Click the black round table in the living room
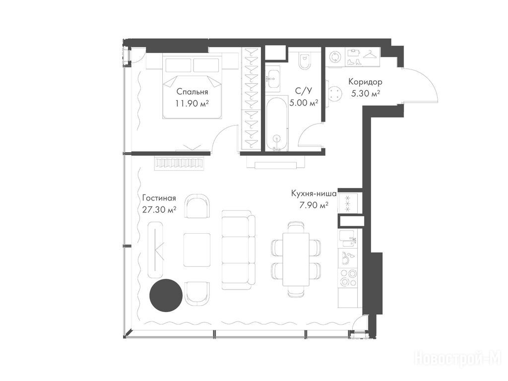(x=166, y=295)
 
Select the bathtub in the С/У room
(x=277, y=123)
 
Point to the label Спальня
(x=192, y=92)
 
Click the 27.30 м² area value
(x=159, y=210)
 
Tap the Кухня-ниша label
(x=314, y=194)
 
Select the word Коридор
(x=365, y=82)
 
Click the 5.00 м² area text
(x=303, y=103)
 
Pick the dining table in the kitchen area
(x=296, y=259)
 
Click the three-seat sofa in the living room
(x=239, y=250)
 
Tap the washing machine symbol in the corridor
(x=335, y=58)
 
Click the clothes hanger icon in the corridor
(x=372, y=54)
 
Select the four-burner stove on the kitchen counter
(x=348, y=278)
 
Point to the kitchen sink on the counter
(x=348, y=239)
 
